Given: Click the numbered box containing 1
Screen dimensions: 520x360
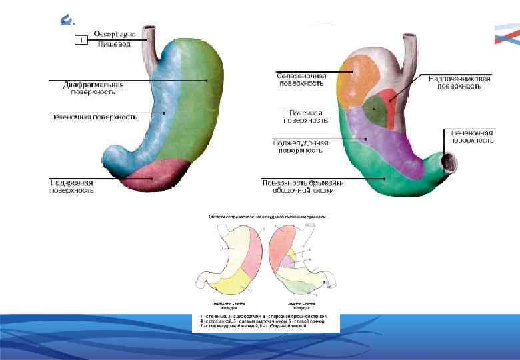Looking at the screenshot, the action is click(81, 41).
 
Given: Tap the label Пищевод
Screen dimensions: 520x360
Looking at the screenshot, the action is click(114, 44).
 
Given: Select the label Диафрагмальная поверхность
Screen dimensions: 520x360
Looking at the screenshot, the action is click(93, 89).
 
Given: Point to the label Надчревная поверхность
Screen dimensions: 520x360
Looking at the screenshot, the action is click(71, 186).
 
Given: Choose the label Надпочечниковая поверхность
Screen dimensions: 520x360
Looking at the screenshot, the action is click(459, 82).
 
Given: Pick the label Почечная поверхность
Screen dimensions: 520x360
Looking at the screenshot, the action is click(305, 117).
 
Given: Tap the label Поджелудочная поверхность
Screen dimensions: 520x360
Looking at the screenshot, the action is click(297, 146).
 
